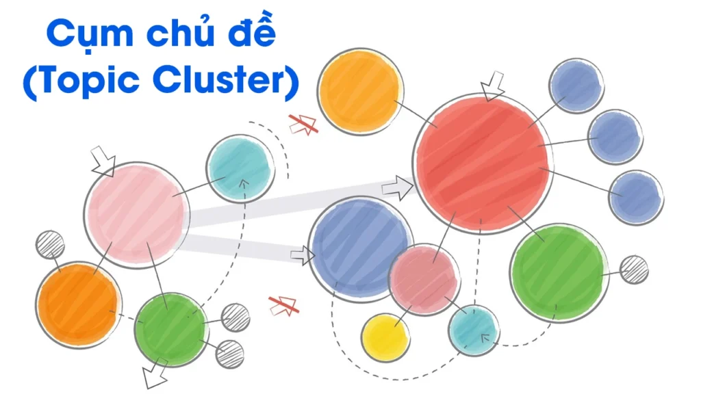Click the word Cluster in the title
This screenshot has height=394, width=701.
[226, 81]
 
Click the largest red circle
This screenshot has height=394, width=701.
[483, 164]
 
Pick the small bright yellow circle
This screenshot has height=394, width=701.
[385, 337]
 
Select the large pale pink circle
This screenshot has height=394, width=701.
[137, 215]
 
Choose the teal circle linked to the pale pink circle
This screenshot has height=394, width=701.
[240, 168]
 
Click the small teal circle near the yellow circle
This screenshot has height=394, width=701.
[474, 330]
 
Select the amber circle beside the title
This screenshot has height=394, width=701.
[360, 90]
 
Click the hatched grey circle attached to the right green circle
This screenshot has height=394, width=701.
[634, 270]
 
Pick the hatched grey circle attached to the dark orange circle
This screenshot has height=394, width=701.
[50, 244]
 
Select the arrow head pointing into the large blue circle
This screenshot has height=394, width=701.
[302, 257]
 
